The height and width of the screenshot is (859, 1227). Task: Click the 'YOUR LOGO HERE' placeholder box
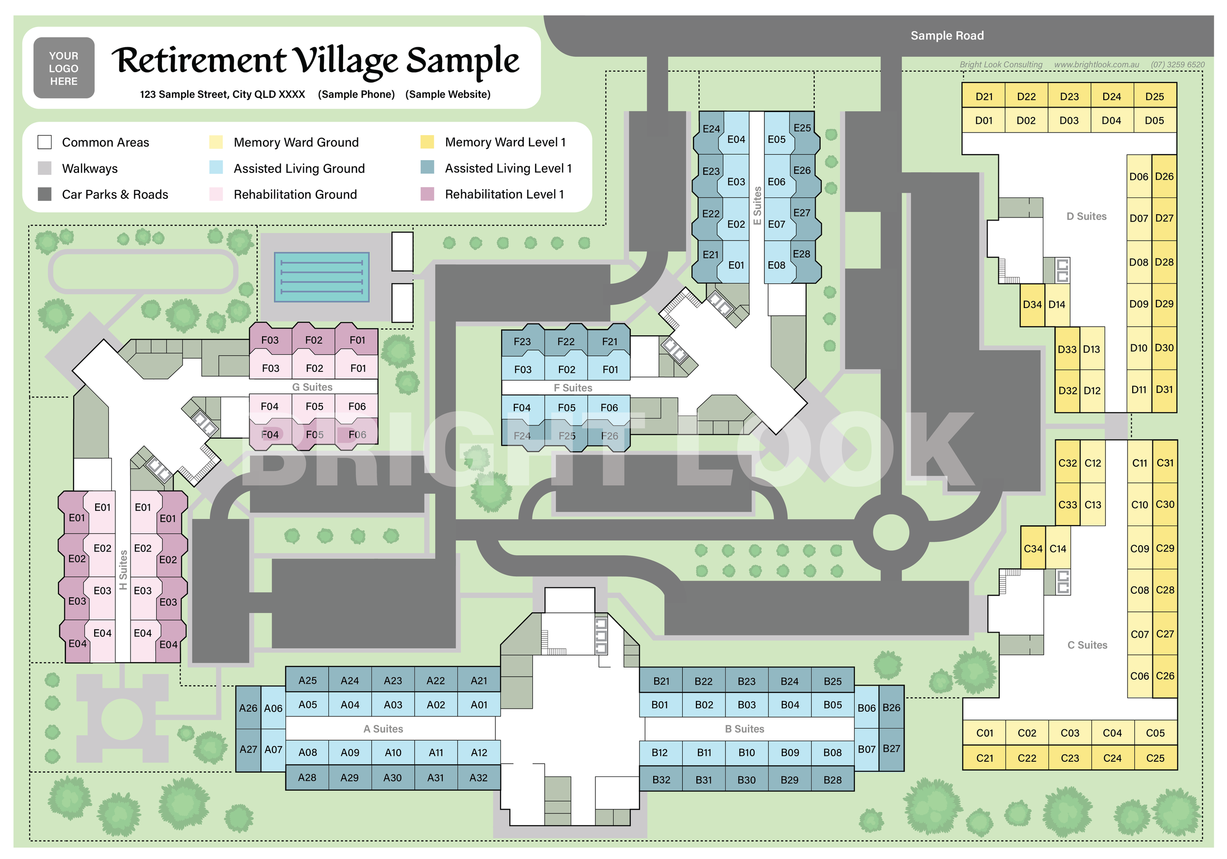tap(64, 68)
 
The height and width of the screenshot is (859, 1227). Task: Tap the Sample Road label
tap(946, 36)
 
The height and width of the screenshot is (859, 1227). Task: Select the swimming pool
tap(321, 277)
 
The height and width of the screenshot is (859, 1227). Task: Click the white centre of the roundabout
tap(890, 532)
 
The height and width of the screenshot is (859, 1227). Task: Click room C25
tap(1155, 758)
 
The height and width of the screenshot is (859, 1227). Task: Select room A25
tap(307, 680)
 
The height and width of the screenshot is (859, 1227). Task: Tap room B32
tap(661, 779)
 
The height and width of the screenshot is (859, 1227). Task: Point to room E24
tap(710, 129)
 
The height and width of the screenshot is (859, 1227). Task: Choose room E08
tap(776, 265)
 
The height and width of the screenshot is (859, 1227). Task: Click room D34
tap(1032, 305)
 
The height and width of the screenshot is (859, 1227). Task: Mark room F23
tap(522, 342)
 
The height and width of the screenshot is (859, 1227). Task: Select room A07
tap(273, 749)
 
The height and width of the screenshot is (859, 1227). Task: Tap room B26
tap(891, 707)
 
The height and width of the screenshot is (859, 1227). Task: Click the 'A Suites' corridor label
tap(383, 728)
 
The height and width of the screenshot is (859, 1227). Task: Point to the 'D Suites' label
tap(1086, 216)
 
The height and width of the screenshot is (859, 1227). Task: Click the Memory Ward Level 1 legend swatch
tap(427, 142)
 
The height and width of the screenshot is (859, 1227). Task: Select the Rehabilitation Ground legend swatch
tap(216, 194)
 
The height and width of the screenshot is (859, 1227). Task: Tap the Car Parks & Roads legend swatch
tap(45, 194)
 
